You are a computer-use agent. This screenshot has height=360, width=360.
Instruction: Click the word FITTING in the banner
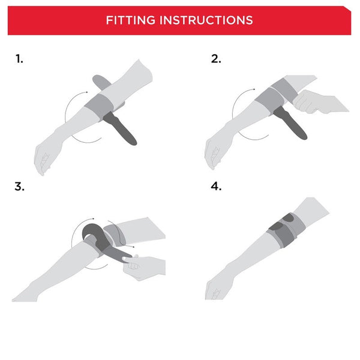click(x=130, y=20)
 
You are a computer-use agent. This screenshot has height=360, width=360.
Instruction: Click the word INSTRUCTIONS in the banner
click(x=206, y=20)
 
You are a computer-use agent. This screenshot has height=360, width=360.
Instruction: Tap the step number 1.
click(x=19, y=59)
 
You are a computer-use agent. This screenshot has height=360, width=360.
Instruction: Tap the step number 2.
click(x=216, y=59)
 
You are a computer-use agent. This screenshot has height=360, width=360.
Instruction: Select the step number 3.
click(x=19, y=187)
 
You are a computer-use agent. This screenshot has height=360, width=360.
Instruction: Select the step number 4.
click(x=216, y=186)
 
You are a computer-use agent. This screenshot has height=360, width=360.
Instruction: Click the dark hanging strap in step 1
click(x=121, y=128)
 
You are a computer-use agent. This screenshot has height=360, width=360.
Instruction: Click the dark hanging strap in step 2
click(x=290, y=123)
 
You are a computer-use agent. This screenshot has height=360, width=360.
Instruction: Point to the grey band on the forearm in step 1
click(x=99, y=106)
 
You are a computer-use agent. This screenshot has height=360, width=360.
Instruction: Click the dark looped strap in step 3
click(x=101, y=241)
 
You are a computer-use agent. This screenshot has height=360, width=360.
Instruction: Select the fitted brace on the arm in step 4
click(x=286, y=230)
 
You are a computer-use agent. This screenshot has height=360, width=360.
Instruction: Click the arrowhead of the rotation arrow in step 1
click(x=86, y=92)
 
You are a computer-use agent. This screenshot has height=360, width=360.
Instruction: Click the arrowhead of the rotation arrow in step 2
click(x=254, y=89)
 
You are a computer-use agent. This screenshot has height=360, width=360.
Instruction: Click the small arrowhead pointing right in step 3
click(x=133, y=247)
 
